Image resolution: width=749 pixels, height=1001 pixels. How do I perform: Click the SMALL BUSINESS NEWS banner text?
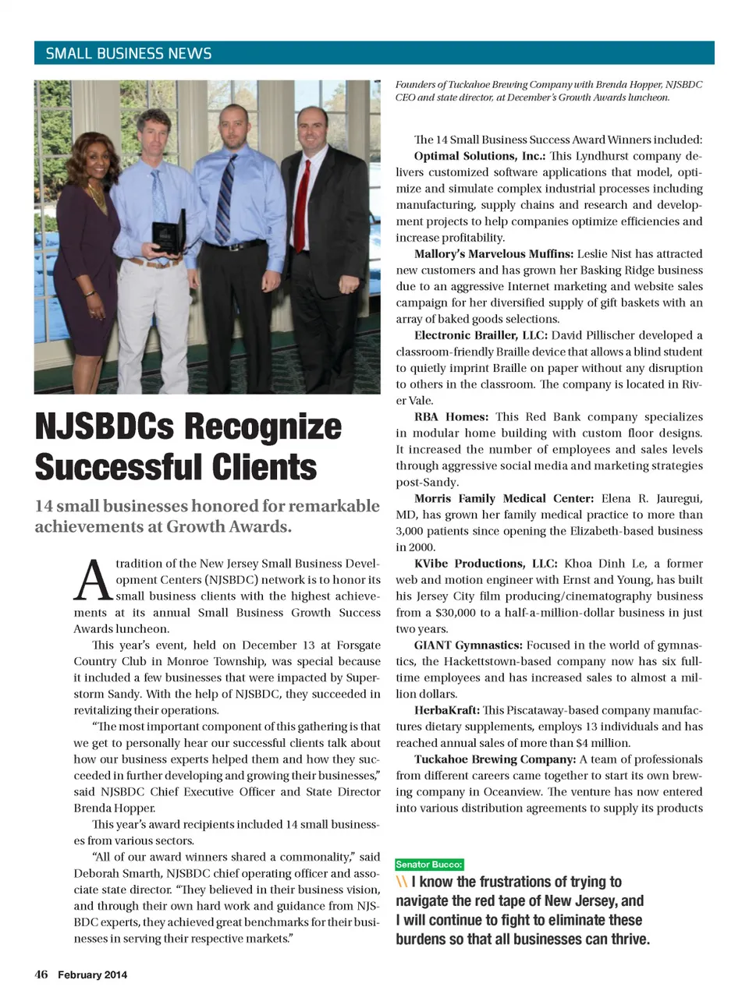(x=129, y=54)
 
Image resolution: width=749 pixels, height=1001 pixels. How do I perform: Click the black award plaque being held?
(x=167, y=232)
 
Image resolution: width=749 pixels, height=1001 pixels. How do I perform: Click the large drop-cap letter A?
(x=93, y=581)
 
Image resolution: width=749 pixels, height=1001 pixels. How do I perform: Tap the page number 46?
(x=41, y=974)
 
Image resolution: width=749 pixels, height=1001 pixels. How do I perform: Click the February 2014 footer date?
(x=92, y=974)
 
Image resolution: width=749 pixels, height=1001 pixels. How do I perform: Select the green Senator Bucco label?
(x=429, y=864)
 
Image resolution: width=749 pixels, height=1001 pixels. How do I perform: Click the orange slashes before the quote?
(x=402, y=882)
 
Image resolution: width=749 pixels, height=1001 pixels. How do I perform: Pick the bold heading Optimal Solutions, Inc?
(x=479, y=156)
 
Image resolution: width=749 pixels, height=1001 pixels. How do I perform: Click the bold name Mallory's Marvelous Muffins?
(x=493, y=254)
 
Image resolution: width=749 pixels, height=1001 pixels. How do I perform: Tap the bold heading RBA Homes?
(x=451, y=417)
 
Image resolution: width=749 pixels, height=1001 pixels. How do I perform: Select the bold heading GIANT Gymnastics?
(x=467, y=646)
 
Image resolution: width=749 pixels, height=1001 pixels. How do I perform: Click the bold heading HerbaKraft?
(x=447, y=710)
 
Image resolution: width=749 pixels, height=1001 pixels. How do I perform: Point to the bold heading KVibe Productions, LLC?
(x=485, y=564)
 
